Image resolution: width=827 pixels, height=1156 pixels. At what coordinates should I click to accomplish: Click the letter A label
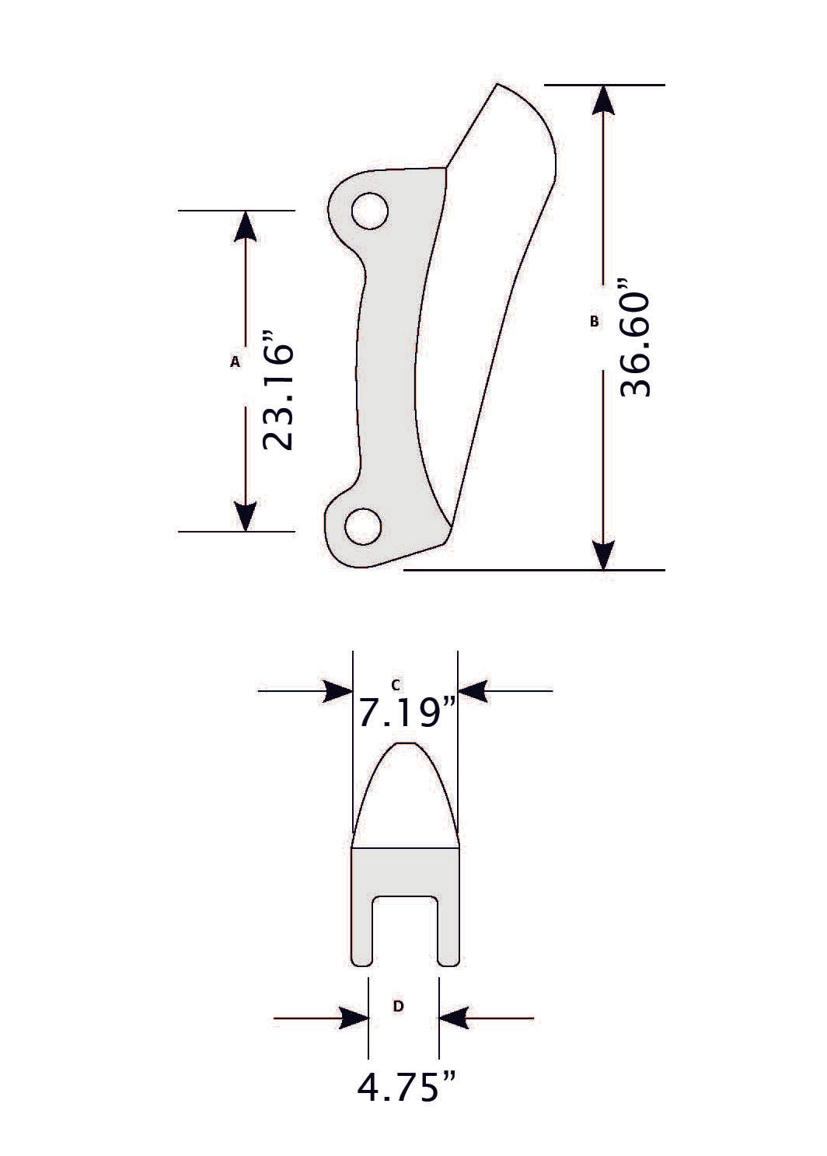point(235,361)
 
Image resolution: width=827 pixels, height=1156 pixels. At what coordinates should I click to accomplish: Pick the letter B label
point(595,320)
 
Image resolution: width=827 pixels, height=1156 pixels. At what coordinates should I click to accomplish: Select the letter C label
point(396,684)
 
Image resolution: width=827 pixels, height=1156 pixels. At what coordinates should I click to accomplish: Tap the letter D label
point(398,1006)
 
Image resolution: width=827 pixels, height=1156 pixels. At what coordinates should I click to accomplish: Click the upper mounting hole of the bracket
point(369,211)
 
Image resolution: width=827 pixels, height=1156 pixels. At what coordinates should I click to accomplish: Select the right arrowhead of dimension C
point(473,690)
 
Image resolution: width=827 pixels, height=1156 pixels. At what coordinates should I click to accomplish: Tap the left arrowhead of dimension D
point(354,1018)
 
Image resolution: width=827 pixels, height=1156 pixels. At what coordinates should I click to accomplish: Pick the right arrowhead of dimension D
point(454,1018)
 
